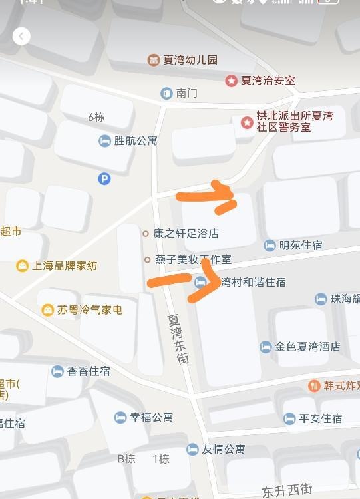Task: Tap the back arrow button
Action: point(21,36)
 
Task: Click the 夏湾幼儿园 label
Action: point(192,60)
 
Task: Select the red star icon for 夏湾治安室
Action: point(231,81)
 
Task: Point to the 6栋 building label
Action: point(96,117)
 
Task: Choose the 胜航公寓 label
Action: point(136,140)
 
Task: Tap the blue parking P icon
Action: point(104,178)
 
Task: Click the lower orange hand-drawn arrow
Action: point(186,277)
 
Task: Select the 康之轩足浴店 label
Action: point(186,234)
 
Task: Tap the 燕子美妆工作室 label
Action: point(192,259)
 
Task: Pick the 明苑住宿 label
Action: point(301,245)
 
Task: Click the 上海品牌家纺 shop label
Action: point(65,265)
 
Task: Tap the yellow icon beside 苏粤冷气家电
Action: point(47,309)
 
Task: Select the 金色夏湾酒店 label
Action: point(307,347)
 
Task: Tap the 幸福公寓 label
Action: point(151,417)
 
